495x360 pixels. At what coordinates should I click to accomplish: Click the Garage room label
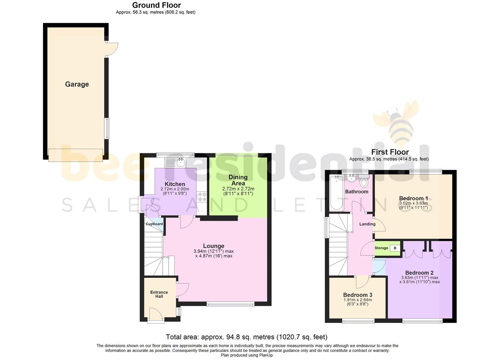pyautogui.click(x=77, y=84)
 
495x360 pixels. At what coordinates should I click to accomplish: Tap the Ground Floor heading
pyautogui.click(x=157, y=5)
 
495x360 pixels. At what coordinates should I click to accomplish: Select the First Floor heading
pyautogui.click(x=390, y=152)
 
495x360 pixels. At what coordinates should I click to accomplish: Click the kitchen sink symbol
pyautogui.click(x=180, y=162)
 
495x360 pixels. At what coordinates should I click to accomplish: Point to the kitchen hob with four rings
pyautogui.click(x=202, y=196)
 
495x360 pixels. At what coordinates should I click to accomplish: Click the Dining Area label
pyautogui.click(x=238, y=180)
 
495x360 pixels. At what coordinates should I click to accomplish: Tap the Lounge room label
pyautogui.click(x=214, y=246)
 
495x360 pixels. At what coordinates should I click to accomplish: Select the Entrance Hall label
pyautogui.click(x=159, y=294)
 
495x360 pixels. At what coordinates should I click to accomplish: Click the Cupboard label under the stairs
pyautogui.click(x=154, y=224)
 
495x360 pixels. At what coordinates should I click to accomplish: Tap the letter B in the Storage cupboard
pyautogui.click(x=395, y=248)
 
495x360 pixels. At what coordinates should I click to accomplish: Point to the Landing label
pyautogui.click(x=367, y=224)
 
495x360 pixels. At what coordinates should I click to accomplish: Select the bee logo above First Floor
pyautogui.click(x=398, y=125)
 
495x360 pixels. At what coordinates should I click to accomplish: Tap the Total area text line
pyautogui.click(x=246, y=337)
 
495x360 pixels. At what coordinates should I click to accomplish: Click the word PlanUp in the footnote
pyautogui.click(x=267, y=355)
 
